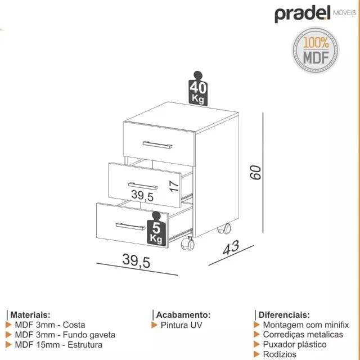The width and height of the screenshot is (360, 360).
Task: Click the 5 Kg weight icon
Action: pyautogui.click(x=157, y=229)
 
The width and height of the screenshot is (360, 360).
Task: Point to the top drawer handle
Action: pyautogui.click(x=157, y=145)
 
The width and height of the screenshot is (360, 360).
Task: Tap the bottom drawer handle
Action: pyautogui.click(x=130, y=226)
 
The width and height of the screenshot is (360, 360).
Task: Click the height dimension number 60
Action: pyautogui.click(x=256, y=172)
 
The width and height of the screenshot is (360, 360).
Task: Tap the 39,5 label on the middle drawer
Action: pyautogui.click(x=142, y=196)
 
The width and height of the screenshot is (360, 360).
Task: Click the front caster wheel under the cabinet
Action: pyautogui.click(x=187, y=244)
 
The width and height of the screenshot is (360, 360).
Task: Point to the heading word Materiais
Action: pyautogui.click(x=30, y=314)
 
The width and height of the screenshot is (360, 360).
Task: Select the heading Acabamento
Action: pyautogui.click(x=183, y=314)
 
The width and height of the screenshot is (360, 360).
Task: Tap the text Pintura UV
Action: pyautogui.click(x=181, y=325)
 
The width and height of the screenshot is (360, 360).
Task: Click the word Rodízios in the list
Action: pyautogui.click(x=280, y=354)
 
